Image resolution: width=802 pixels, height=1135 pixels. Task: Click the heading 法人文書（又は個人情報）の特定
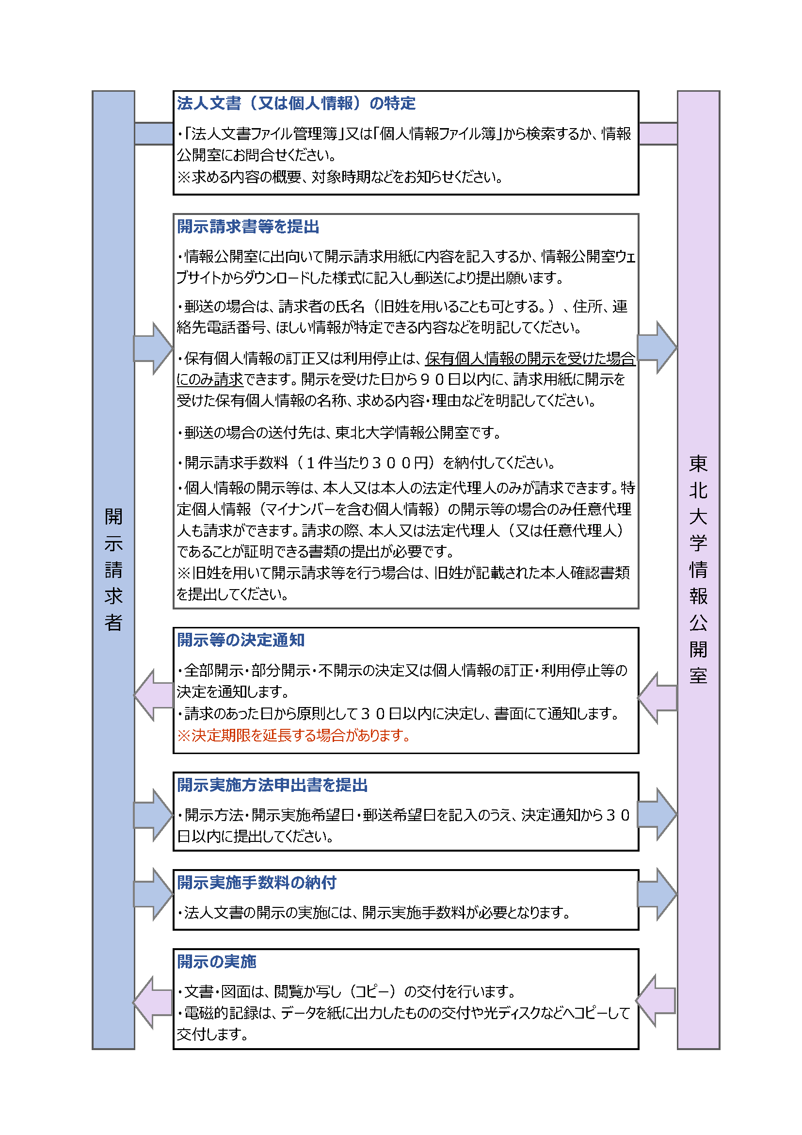pyautogui.click(x=296, y=103)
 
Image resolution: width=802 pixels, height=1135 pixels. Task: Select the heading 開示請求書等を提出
pyautogui.click(x=248, y=227)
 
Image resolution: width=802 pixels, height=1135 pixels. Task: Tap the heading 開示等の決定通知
pyautogui.click(x=241, y=640)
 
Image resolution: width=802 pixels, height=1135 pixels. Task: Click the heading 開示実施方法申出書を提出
pyautogui.click(x=272, y=785)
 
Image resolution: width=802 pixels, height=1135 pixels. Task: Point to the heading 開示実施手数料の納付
pyautogui.click(x=257, y=882)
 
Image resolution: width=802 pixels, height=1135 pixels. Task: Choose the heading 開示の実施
pyautogui.click(x=216, y=961)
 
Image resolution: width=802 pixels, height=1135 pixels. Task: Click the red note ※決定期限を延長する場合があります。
pyautogui.click(x=294, y=736)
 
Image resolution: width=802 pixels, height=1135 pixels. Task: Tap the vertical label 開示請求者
pyautogui.click(x=113, y=569)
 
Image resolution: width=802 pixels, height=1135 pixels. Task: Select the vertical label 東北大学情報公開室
pyautogui.click(x=698, y=569)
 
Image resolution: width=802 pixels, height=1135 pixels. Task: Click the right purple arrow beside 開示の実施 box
pyautogui.click(x=656, y=1001)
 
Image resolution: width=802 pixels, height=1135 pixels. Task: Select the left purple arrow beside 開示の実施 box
pyautogui.click(x=153, y=1002)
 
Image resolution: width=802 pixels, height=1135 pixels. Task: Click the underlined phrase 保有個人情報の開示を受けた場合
pyautogui.click(x=530, y=359)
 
